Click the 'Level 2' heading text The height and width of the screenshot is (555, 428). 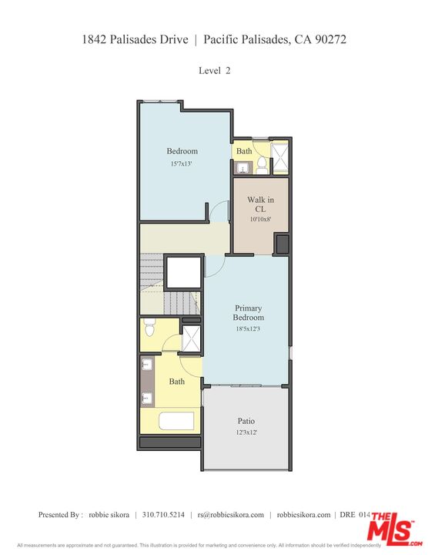[214, 70]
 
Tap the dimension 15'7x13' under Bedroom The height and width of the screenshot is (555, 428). [182, 164]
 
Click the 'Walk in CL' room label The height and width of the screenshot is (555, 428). [260, 203]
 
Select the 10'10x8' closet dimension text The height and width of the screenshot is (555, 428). [260, 220]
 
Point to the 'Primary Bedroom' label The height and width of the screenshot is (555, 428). [249, 313]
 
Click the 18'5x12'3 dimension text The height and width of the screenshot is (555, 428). [249, 328]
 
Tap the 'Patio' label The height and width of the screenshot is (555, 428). [246, 422]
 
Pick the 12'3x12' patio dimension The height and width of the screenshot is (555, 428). [246, 432]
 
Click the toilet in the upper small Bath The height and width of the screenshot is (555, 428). [262, 164]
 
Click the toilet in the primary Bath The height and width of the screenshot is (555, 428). [150, 328]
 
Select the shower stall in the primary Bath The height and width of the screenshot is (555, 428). [190, 338]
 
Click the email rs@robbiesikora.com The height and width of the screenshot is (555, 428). [230, 515]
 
